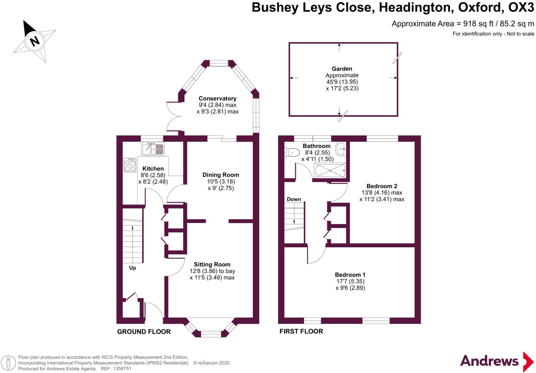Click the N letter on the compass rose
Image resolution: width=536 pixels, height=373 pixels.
coord(35,41)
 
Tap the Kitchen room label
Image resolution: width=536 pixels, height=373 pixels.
coord(153,169)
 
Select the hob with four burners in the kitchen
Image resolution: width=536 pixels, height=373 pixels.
coord(130,165)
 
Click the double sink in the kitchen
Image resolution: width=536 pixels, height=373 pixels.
coord(153,149)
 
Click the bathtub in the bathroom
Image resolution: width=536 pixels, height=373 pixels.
coord(330,170)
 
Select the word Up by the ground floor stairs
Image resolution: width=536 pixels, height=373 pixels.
coord(132,268)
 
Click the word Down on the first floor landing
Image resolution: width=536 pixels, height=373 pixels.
coord(294,199)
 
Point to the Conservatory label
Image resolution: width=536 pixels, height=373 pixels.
coord(217,99)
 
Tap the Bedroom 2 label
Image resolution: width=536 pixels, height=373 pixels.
coord(382,186)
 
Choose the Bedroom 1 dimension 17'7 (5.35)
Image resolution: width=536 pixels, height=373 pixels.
coord(350,281)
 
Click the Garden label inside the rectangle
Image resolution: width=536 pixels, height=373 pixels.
coord(342,69)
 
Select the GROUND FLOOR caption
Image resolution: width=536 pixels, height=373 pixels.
coord(144,332)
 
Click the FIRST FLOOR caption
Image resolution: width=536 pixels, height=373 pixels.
coord(301,331)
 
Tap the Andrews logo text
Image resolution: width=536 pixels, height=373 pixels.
coord(489,361)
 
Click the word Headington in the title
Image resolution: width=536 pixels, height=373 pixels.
coord(416,8)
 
